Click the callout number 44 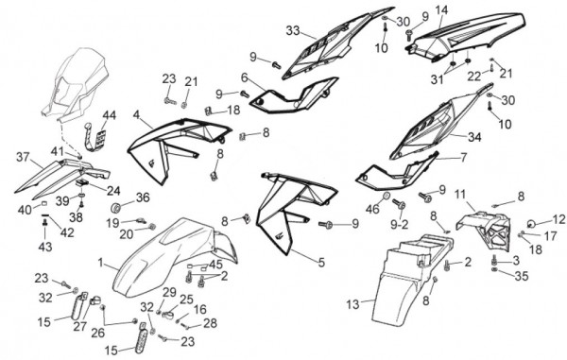(x=110, y=115)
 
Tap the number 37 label (x=24, y=157)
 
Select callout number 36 (x=143, y=197)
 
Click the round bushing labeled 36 (x=116, y=209)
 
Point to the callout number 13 (x=352, y=304)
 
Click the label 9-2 (x=399, y=225)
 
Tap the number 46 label (x=373, y=209)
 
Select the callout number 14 (x=440, y=9)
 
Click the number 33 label (x=293, y=31)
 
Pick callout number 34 (x=474, y=137)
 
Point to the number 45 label (x=215, y=265)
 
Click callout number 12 (x=558, y=219)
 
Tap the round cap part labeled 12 (x=530, y=224)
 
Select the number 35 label (x=521, y=276)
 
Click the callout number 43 (x=45, y=247)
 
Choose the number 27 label (x=80, y=326)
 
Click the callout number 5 (x=321, y=263)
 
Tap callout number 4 (x=136, y=114)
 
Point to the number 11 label (x=460, y=194)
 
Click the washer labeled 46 (x=387, y=197)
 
